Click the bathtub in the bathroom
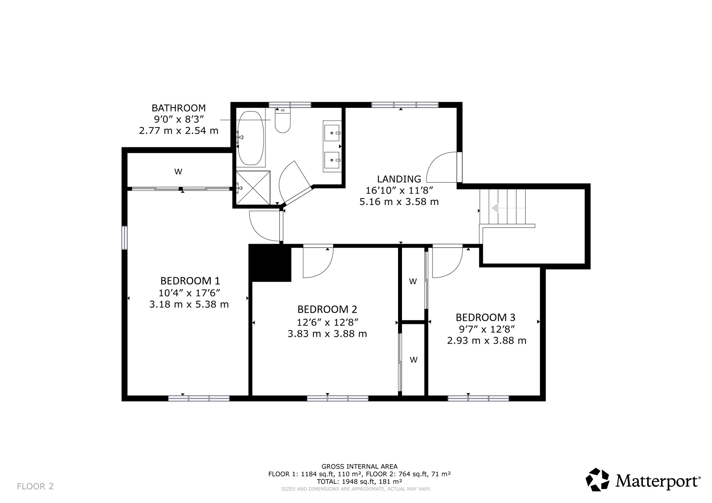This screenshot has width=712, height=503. tap(251, 138)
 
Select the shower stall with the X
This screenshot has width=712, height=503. tap(253, 188)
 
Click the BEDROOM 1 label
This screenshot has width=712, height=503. tap(190, 281)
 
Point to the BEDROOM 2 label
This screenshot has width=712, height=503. tap(327, 309)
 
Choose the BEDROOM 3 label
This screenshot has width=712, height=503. tap(486, 317)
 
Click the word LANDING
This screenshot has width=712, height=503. tap(399, 179)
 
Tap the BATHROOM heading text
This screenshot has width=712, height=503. tap(179, 108)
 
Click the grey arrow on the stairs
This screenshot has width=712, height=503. tap(508, 208)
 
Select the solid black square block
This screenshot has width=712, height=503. tap(270, 263)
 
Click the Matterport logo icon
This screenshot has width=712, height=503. tap(598, 480)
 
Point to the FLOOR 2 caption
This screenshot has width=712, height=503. tap(35, 486)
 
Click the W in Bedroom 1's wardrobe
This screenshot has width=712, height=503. tap(178, 172)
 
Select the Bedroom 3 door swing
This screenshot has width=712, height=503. tap(447, 262)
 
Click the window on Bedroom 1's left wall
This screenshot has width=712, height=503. tap(125, 238)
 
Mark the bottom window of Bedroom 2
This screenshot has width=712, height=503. tap(337, 398)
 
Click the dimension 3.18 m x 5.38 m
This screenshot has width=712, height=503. tap(189, 305)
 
